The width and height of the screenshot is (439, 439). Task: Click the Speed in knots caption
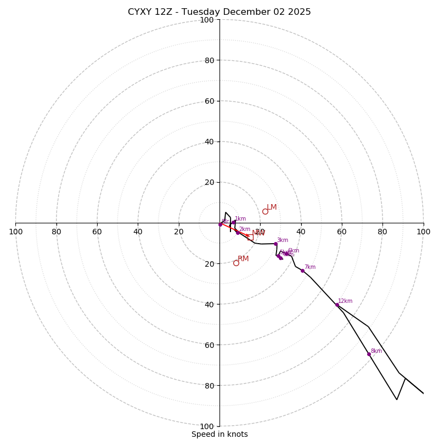[219, 434]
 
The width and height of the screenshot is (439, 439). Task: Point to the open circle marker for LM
[265, 211]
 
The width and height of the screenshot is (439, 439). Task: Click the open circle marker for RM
[236, 263]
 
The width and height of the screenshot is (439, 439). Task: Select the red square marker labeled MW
[250, 237]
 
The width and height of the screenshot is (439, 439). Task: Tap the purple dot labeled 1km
[234, 222]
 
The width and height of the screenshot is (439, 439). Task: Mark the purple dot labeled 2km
[238, 233]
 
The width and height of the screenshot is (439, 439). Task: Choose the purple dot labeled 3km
[275, 244]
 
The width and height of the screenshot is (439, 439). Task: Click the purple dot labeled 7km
[302, 271]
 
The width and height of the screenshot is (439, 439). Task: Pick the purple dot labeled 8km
[369, 354]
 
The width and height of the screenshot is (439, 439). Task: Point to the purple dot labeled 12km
[337, 305]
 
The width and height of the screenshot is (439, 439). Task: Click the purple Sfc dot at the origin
[220, 224]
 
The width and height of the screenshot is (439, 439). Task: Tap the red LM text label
[272, 207]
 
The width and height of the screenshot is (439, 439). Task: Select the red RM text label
[243, 259]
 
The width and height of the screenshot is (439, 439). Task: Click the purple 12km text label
[345, 301]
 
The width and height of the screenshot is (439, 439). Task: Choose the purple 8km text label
[376, 351]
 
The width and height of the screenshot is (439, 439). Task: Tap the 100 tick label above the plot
[206, 20]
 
